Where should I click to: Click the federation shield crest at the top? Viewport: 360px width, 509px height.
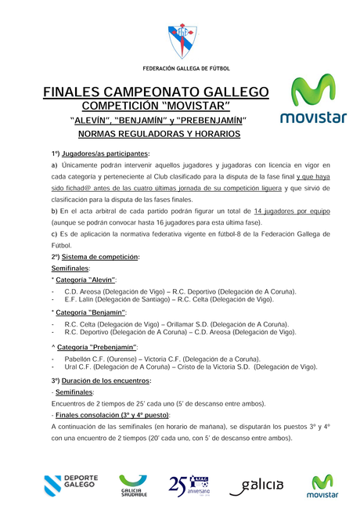[x=179, y=42]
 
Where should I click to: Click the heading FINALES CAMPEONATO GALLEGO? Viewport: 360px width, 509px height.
[x=156, y=92]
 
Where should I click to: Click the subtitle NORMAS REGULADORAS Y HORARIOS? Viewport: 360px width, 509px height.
[x=157, y=134]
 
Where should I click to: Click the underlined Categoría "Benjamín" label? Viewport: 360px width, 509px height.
[x=91, y=313]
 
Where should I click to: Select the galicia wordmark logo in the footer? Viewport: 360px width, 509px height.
[x=257, y=486]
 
